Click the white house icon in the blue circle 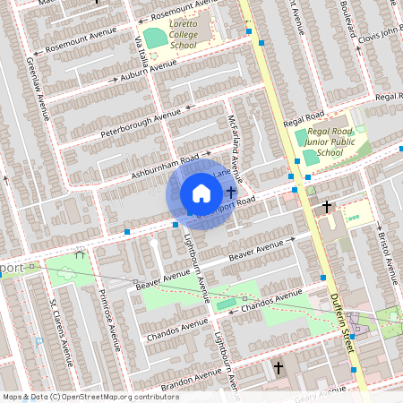tap(201, 193)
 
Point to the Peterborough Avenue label tap(141, 116)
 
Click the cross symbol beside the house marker tap(232, 192)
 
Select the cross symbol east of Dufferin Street tap(327, 206)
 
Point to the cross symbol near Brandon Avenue tap(278, 366)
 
